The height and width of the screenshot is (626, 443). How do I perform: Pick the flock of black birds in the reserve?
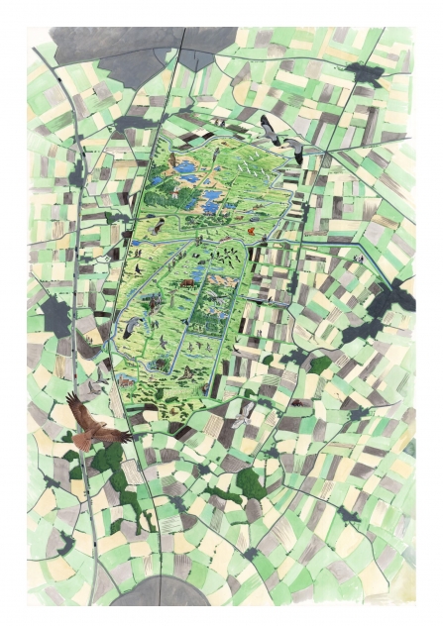tap(228, 260)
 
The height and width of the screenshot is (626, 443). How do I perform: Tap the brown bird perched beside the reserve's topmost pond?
tap(171, 159)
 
